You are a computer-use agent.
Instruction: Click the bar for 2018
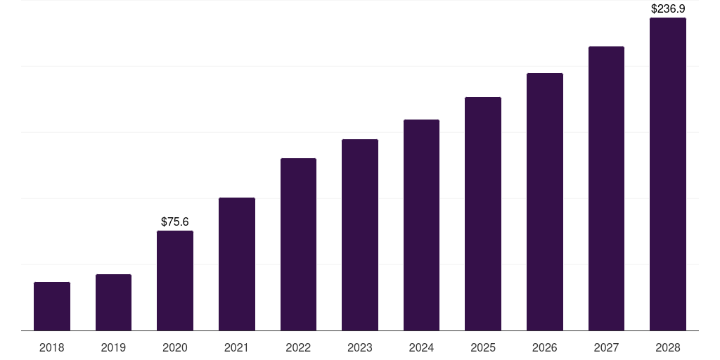pos(52,306)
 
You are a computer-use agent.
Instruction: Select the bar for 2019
pos(113,302)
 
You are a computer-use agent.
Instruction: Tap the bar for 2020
pos(175,281)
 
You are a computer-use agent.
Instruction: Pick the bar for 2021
pos(237,264)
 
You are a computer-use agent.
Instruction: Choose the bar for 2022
pos(298,244)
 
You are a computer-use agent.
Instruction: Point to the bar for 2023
pos(360,235)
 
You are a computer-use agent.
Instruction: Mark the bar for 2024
pos(421,225)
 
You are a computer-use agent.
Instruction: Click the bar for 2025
pos(483,214)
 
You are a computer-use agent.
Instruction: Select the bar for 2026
pos(545,202)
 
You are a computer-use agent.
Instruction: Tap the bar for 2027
pos(606,188)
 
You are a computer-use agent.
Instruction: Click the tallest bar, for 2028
pos(668,174)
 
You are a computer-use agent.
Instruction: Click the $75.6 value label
pos(175,221)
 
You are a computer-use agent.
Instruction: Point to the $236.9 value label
pos(668,9)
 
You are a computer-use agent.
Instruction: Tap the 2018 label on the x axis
pos(52,347)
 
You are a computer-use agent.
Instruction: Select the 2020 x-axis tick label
pos(175,347)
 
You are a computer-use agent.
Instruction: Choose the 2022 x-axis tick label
pos(298,347)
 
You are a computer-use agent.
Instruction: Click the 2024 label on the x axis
pos(421,347)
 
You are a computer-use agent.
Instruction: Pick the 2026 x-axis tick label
pos(545,347)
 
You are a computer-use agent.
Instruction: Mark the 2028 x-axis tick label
pos(668,347)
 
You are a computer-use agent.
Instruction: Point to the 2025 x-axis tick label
pos(483,347)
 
